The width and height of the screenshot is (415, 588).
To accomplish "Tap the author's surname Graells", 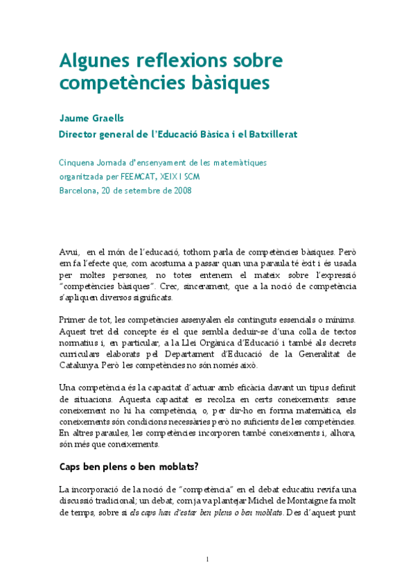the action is (107, 119).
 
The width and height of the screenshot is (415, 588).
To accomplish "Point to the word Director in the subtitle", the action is (80, 134).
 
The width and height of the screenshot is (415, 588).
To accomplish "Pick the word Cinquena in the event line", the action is (78, 163).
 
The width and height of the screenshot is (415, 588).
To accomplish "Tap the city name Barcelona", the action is (80, 189).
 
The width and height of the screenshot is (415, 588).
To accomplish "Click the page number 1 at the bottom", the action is (208, 559).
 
